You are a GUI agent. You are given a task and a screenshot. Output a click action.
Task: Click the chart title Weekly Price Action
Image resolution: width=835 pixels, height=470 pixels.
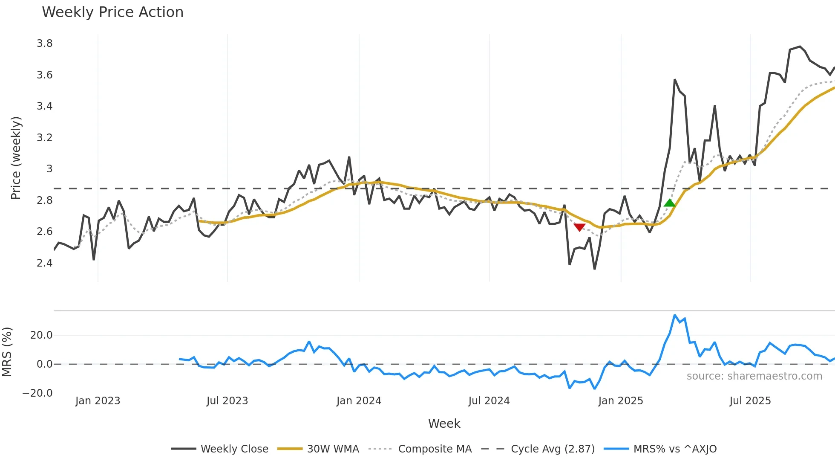point(112,12)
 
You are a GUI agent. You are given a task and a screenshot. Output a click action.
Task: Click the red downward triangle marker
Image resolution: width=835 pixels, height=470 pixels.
point(579,227)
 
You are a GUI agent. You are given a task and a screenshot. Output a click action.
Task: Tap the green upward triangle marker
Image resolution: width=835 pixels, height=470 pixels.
point(670,203)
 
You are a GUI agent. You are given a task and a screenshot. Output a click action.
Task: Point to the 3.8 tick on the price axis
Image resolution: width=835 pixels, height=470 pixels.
point(44,44)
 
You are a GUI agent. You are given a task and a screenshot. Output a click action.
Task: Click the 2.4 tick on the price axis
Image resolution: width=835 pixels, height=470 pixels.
point(44,263)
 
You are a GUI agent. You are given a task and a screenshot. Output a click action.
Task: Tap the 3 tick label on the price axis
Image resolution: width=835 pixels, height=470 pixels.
point(49,169)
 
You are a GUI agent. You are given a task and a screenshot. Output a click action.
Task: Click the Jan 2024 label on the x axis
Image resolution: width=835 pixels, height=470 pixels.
point(359,401)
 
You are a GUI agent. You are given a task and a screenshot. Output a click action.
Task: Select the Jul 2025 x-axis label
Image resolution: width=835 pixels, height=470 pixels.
point(750,401)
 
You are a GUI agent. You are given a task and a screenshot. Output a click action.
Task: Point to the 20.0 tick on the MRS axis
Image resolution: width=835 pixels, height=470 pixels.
point(41,335)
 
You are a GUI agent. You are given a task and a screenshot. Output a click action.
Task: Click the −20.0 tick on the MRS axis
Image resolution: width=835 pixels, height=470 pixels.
point(37,393)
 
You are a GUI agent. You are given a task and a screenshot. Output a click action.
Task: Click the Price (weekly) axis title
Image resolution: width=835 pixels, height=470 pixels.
point(16,158)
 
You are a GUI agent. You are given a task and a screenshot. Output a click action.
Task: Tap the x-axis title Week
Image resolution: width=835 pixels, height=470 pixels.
point(444,424)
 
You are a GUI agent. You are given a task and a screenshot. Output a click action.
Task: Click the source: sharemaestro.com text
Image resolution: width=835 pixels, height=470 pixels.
point(754,376)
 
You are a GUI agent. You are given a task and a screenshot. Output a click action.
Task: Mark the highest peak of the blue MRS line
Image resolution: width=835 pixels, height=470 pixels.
point(675,315)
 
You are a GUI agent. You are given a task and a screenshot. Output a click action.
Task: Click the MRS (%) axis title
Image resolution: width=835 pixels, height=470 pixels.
point(7,352)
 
